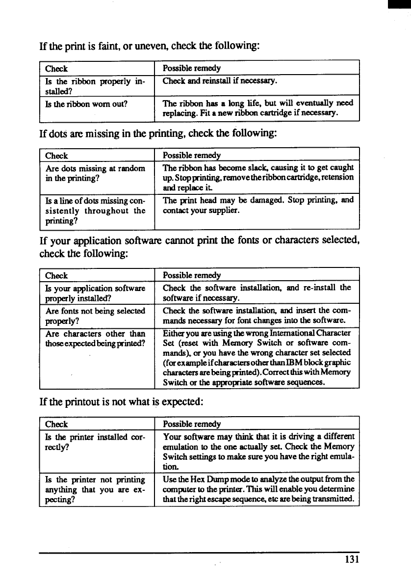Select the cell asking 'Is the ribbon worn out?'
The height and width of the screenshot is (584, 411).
pos(86,103)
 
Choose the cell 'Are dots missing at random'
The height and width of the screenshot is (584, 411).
pos(95,168)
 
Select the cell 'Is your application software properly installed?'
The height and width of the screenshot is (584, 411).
pos(95,293)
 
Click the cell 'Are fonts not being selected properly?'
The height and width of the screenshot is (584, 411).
pos(95,315)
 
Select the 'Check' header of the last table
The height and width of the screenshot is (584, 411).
pos(56,424)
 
